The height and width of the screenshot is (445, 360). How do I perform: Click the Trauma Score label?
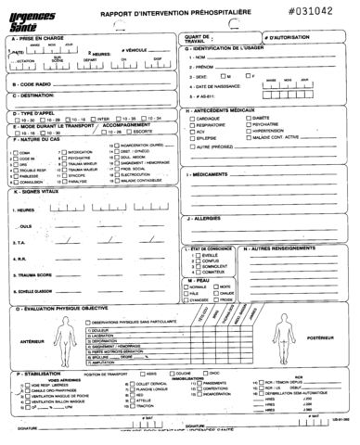coord(38,276)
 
